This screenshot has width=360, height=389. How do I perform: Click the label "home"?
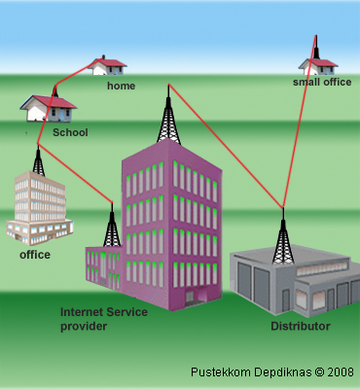point(121,86)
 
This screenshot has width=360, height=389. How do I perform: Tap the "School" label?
point(70,132)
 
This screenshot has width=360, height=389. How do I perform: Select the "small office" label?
point(322,82)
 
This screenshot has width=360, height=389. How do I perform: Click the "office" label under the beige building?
point(35,255)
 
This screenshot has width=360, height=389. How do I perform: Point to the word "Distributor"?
point(301,326)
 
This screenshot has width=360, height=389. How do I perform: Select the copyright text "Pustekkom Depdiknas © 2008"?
point(272,371)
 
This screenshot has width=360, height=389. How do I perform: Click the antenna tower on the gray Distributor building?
point(283,238)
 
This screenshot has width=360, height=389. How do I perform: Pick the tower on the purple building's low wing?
point(112,227)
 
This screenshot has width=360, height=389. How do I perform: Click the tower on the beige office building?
point(38,161)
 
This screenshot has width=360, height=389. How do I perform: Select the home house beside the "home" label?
point(108,66)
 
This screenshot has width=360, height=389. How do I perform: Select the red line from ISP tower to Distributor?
point(226,146)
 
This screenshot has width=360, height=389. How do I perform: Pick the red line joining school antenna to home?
point(77,72)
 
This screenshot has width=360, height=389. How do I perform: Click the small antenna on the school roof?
point(55,91)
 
